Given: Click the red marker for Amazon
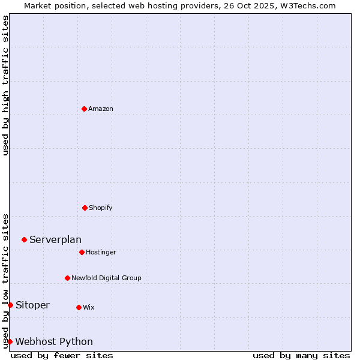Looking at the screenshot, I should [x=85, y=109].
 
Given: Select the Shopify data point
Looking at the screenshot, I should [x=85, y=208].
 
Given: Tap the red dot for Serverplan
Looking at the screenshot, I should [x=24, y=239].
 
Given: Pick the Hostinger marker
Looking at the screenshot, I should [x=82, y=252].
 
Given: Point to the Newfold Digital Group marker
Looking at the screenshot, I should [x=67, y=278].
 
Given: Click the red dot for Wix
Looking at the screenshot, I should [x=79, y=307].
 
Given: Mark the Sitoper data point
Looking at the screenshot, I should [x=10, y=305].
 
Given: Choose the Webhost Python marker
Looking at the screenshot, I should [x=10, y=341].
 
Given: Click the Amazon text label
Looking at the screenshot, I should [x=101, y=109].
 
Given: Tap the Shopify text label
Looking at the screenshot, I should [x=101, y=208].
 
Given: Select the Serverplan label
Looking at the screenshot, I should [x=55, y=240].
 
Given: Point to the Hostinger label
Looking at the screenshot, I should [x=101, y=253].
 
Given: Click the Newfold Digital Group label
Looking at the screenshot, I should [x=106, y=278].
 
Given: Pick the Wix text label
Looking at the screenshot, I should [x=89, y=308].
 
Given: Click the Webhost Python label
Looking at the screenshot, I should [x=54, y=342].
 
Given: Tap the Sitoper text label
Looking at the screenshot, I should [x=32, y=305].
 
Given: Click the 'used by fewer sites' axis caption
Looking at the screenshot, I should [x=62, y=355].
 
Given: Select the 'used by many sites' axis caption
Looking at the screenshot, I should [x=301, y=355].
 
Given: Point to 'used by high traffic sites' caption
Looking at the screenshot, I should [x=5, y=85].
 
